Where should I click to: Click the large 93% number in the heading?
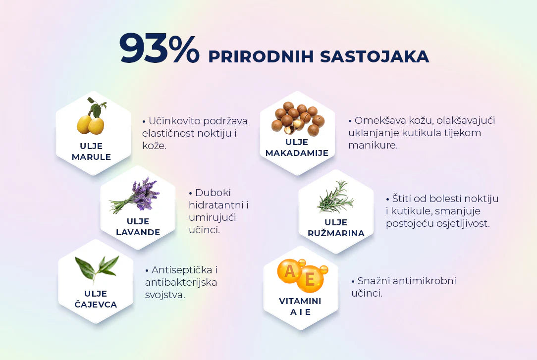(159, 48)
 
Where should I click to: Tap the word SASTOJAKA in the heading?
(375, 57)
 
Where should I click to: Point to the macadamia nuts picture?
(297, 118)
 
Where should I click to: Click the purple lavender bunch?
(135, 195)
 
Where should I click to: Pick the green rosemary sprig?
(335, 197)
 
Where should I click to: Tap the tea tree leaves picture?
(97, 268)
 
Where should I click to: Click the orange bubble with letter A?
(290, 271)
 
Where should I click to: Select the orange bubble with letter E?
(310, 279)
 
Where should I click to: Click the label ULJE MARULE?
(91, 151)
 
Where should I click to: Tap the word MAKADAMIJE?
(297, 153)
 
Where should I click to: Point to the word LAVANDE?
(138, 232)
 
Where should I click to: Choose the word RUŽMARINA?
(336, 233)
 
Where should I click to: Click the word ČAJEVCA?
(96, 304)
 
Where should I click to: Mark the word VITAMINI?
(300, 301)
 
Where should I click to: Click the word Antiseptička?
(182, 270)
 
